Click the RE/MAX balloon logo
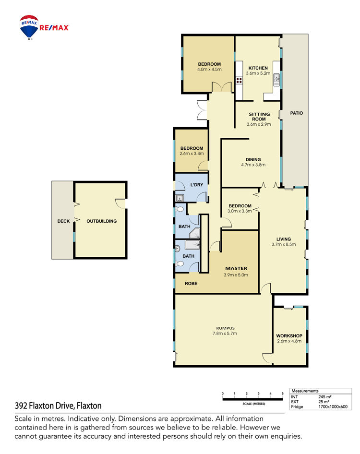[x=29, y=27]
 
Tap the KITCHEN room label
[x=258, y=68]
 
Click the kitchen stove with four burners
[x=239, y=80]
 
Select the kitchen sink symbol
[x=276, y=80]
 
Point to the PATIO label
[x=297, y=113]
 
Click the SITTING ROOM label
[x=259, y=117]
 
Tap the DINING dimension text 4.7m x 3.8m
[x=253, y=165]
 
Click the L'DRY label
[x=197, y=185]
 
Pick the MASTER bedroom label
[x=236, y=268]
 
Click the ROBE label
[x=191, y=284]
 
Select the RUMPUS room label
[x=225, y=328]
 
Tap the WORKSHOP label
[x=289, y=336]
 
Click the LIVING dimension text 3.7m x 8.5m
[x=284, y=244]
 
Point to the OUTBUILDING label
[x=102, y=221]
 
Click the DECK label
[x=63, y=221]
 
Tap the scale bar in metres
[x=252, y=399]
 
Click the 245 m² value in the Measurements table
[x=325, y=397]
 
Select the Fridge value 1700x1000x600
[x=333, y=406]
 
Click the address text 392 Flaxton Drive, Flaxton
[x=58, y=406]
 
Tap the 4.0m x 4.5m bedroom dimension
[x=209, y=70]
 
